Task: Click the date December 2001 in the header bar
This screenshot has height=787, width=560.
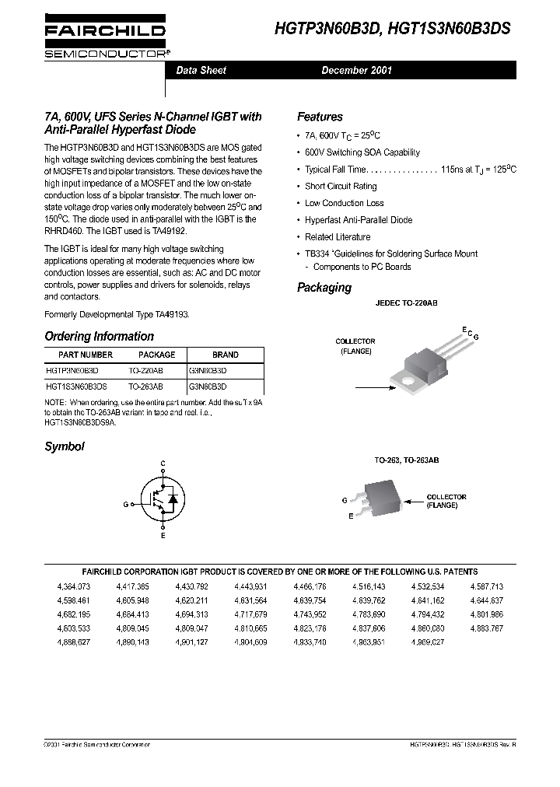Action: pos(357,70)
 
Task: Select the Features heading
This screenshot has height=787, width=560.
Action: pos(320,117)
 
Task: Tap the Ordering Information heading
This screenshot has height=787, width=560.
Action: pos(100,337)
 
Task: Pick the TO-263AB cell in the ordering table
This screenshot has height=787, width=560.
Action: pos(145,386)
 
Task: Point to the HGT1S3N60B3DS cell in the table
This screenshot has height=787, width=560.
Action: pos(76,386)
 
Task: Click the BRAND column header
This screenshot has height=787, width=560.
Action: pos(225,355)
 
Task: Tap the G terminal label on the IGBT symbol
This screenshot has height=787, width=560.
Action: pos(124,504)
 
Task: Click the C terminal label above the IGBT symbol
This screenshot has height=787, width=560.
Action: pos(163,464)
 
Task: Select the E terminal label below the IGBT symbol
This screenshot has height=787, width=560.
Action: pos(163,537)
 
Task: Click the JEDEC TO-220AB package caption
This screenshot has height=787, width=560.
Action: pos(406,303)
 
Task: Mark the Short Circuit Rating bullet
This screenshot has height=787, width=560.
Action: pos(341,187)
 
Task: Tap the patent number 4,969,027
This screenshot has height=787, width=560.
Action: pos(427,642)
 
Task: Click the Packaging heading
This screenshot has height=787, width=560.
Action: pos(324,288)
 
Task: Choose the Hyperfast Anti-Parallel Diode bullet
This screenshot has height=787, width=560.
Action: pos(359,220)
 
